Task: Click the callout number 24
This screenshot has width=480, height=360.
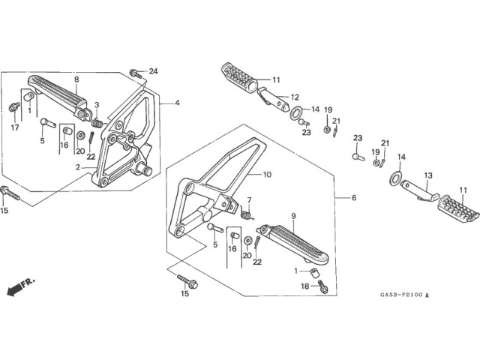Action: pos(153,71)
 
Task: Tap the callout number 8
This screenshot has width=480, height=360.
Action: pos(76,79)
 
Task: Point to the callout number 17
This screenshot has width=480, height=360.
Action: pos(15,127)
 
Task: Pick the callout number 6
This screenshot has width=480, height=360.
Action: pos(354,197)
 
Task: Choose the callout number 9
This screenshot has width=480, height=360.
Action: pos(293,216)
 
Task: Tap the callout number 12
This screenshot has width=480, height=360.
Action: pos(295,97)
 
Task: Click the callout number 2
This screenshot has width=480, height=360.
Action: pos(78,168)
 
